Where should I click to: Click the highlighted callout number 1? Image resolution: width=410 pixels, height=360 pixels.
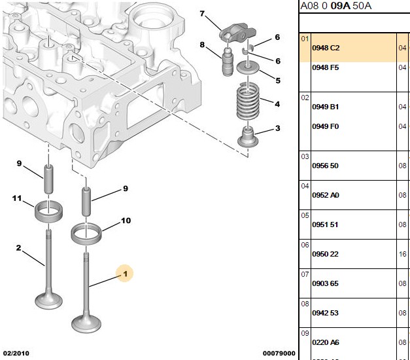(126, 274)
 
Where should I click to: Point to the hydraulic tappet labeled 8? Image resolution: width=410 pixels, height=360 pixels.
(228, 62)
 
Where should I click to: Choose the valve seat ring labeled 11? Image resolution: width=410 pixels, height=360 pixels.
(48, 211)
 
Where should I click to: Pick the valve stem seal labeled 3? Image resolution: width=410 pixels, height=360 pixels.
(248, 136)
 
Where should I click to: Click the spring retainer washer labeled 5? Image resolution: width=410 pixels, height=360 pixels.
(248, 67)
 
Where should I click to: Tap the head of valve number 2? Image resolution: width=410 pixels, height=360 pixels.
(48, 301)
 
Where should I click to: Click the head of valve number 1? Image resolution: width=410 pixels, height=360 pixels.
(86, 324)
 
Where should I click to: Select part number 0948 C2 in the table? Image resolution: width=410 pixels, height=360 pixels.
(326, 48)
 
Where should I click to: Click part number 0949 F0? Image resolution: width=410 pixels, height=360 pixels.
(325, 126)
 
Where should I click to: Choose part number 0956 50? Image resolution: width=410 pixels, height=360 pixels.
(325, 166)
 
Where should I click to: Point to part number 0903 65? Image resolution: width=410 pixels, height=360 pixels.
(325, 283)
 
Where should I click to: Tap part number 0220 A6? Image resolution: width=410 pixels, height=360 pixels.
(326, 342)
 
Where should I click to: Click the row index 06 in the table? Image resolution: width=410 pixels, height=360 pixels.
(305, 245)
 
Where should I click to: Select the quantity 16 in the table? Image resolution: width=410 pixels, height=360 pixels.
(402, 254)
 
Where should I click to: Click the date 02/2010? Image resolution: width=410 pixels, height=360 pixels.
(16, 353)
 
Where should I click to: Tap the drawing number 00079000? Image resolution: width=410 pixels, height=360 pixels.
(279, 353)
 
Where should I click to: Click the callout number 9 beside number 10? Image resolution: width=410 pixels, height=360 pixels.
(126, 189)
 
